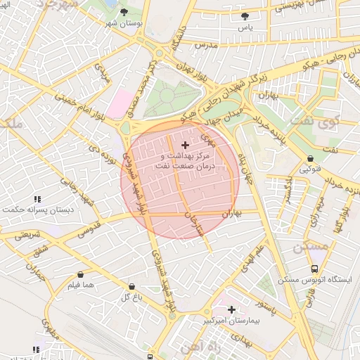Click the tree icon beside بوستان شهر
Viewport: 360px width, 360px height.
[x=124, y=13]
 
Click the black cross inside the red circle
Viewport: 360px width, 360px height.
[x=185, y=144]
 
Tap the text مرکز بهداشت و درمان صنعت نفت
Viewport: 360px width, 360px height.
[x=186, y=160]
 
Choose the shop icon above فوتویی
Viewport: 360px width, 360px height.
[x=310, y=159]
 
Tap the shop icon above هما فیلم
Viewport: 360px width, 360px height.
[x=79, y=274]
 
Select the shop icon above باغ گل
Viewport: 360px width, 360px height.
[x=131, y=286]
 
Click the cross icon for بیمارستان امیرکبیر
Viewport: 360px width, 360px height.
[x=231, y=309]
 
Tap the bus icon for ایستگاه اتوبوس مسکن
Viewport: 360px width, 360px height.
[x=314, y=269]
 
